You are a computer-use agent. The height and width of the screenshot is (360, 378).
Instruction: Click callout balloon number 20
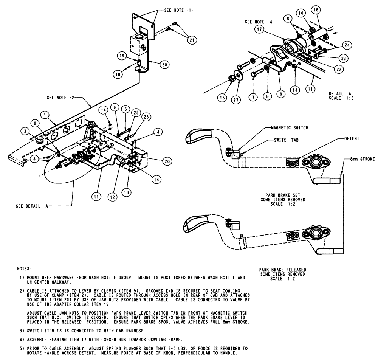coord(164,65)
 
